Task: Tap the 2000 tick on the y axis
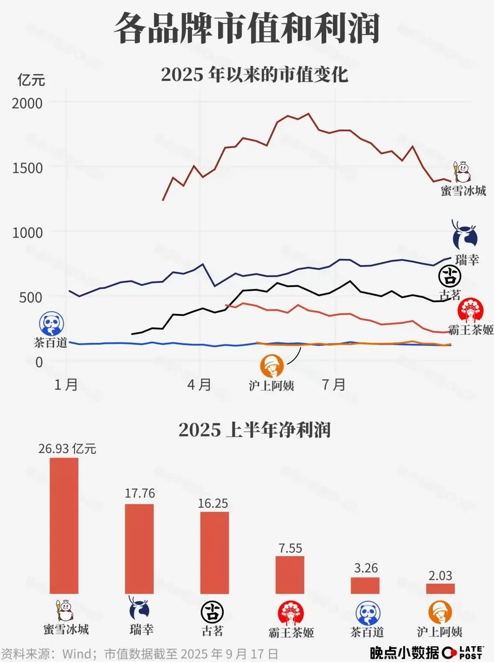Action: pos(27,103)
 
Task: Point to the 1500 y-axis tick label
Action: pos(27,168)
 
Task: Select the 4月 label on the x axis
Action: pos(199,385)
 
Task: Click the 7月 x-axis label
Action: pos(334,385)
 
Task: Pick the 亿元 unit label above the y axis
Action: pos(31,80)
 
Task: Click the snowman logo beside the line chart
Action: pos(463,172)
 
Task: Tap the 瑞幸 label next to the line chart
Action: pos(467,259)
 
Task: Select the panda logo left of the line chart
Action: pos(52,324)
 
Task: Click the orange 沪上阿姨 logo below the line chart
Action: pos(272,366)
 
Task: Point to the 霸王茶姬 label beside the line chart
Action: pos(471,330)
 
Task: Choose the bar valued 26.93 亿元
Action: pos(64,526)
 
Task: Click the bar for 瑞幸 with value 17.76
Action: pos(139,549)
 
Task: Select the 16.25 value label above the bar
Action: pos(213,504)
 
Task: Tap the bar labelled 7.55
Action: pos(290,575)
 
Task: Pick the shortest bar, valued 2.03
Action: pos(440,588)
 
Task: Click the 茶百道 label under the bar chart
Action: pos(367,632)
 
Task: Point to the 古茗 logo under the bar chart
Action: pos(213,612)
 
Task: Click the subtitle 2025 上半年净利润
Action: pos(254,430)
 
